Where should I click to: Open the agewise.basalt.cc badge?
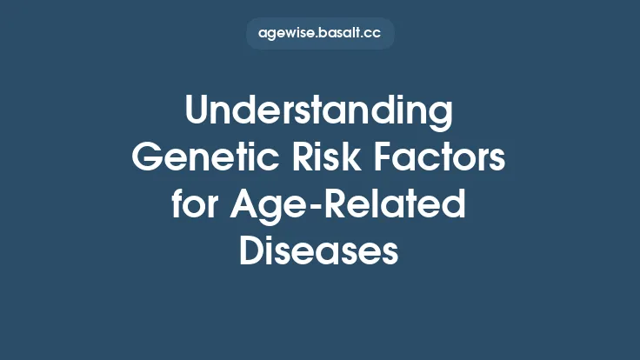319,34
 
